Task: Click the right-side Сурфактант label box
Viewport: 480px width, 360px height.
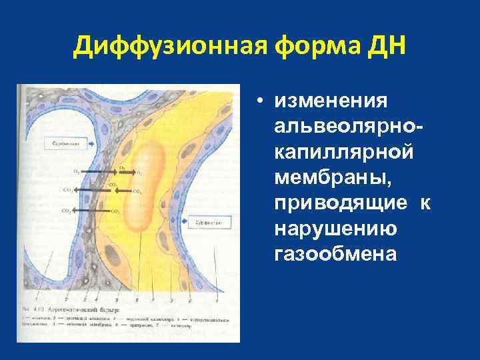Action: click(x=211, y=221)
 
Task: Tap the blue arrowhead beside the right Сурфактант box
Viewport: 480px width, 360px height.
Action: click(x=191, y=221)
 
